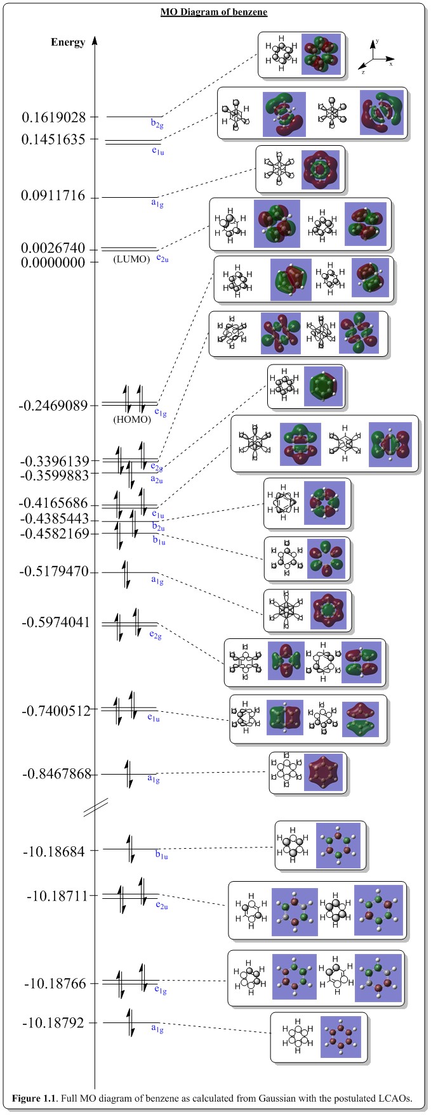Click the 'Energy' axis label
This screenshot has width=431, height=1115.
coord(68,42)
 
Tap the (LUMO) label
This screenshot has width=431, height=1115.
coord(131,259)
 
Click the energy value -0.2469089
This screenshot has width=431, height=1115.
coord(53,405)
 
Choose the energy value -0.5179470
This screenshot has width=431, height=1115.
coord(58,572)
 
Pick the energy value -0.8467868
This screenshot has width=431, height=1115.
coord(58,774)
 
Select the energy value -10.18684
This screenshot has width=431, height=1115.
coord(55,851)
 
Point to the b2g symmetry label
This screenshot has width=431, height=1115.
coord(156,123)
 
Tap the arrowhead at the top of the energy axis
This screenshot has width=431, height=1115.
coord(95,40)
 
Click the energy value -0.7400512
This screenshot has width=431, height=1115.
coord(58,711)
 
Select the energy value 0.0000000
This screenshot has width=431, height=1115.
coord(53,262)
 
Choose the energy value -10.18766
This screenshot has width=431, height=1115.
coord(55,983)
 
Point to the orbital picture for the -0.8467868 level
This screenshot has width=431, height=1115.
coord(325,773)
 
